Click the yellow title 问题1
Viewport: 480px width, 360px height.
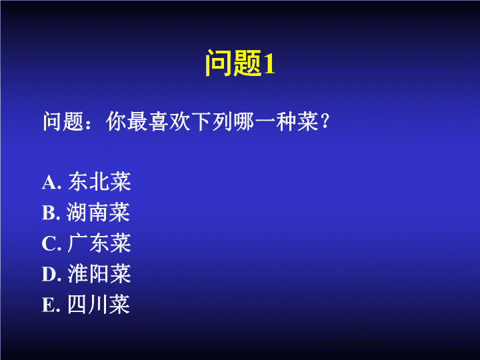click(240, 63)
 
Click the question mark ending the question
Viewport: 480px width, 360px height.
click(325, 121)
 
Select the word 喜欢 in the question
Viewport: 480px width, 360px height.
click(169, 121)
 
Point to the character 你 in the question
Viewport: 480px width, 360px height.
click(116, 121)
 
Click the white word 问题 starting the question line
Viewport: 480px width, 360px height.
click(63, 121)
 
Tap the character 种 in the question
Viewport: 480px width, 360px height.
click(286, 121)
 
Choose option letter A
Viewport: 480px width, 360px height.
click(49, 183)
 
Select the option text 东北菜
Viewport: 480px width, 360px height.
click(99, 181)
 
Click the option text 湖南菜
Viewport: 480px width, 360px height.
click(98, 212)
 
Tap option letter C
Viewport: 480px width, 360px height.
click(49, 244)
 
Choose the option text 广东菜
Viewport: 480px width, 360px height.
click(99, 243)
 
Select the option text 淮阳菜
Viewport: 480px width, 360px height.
click(99, 273)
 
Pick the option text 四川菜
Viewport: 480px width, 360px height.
click(99, 304)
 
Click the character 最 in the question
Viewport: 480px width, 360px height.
click(137, 121)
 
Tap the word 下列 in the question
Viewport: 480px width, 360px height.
click(212, 121)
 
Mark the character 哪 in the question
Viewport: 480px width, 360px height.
click(244, 121)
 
